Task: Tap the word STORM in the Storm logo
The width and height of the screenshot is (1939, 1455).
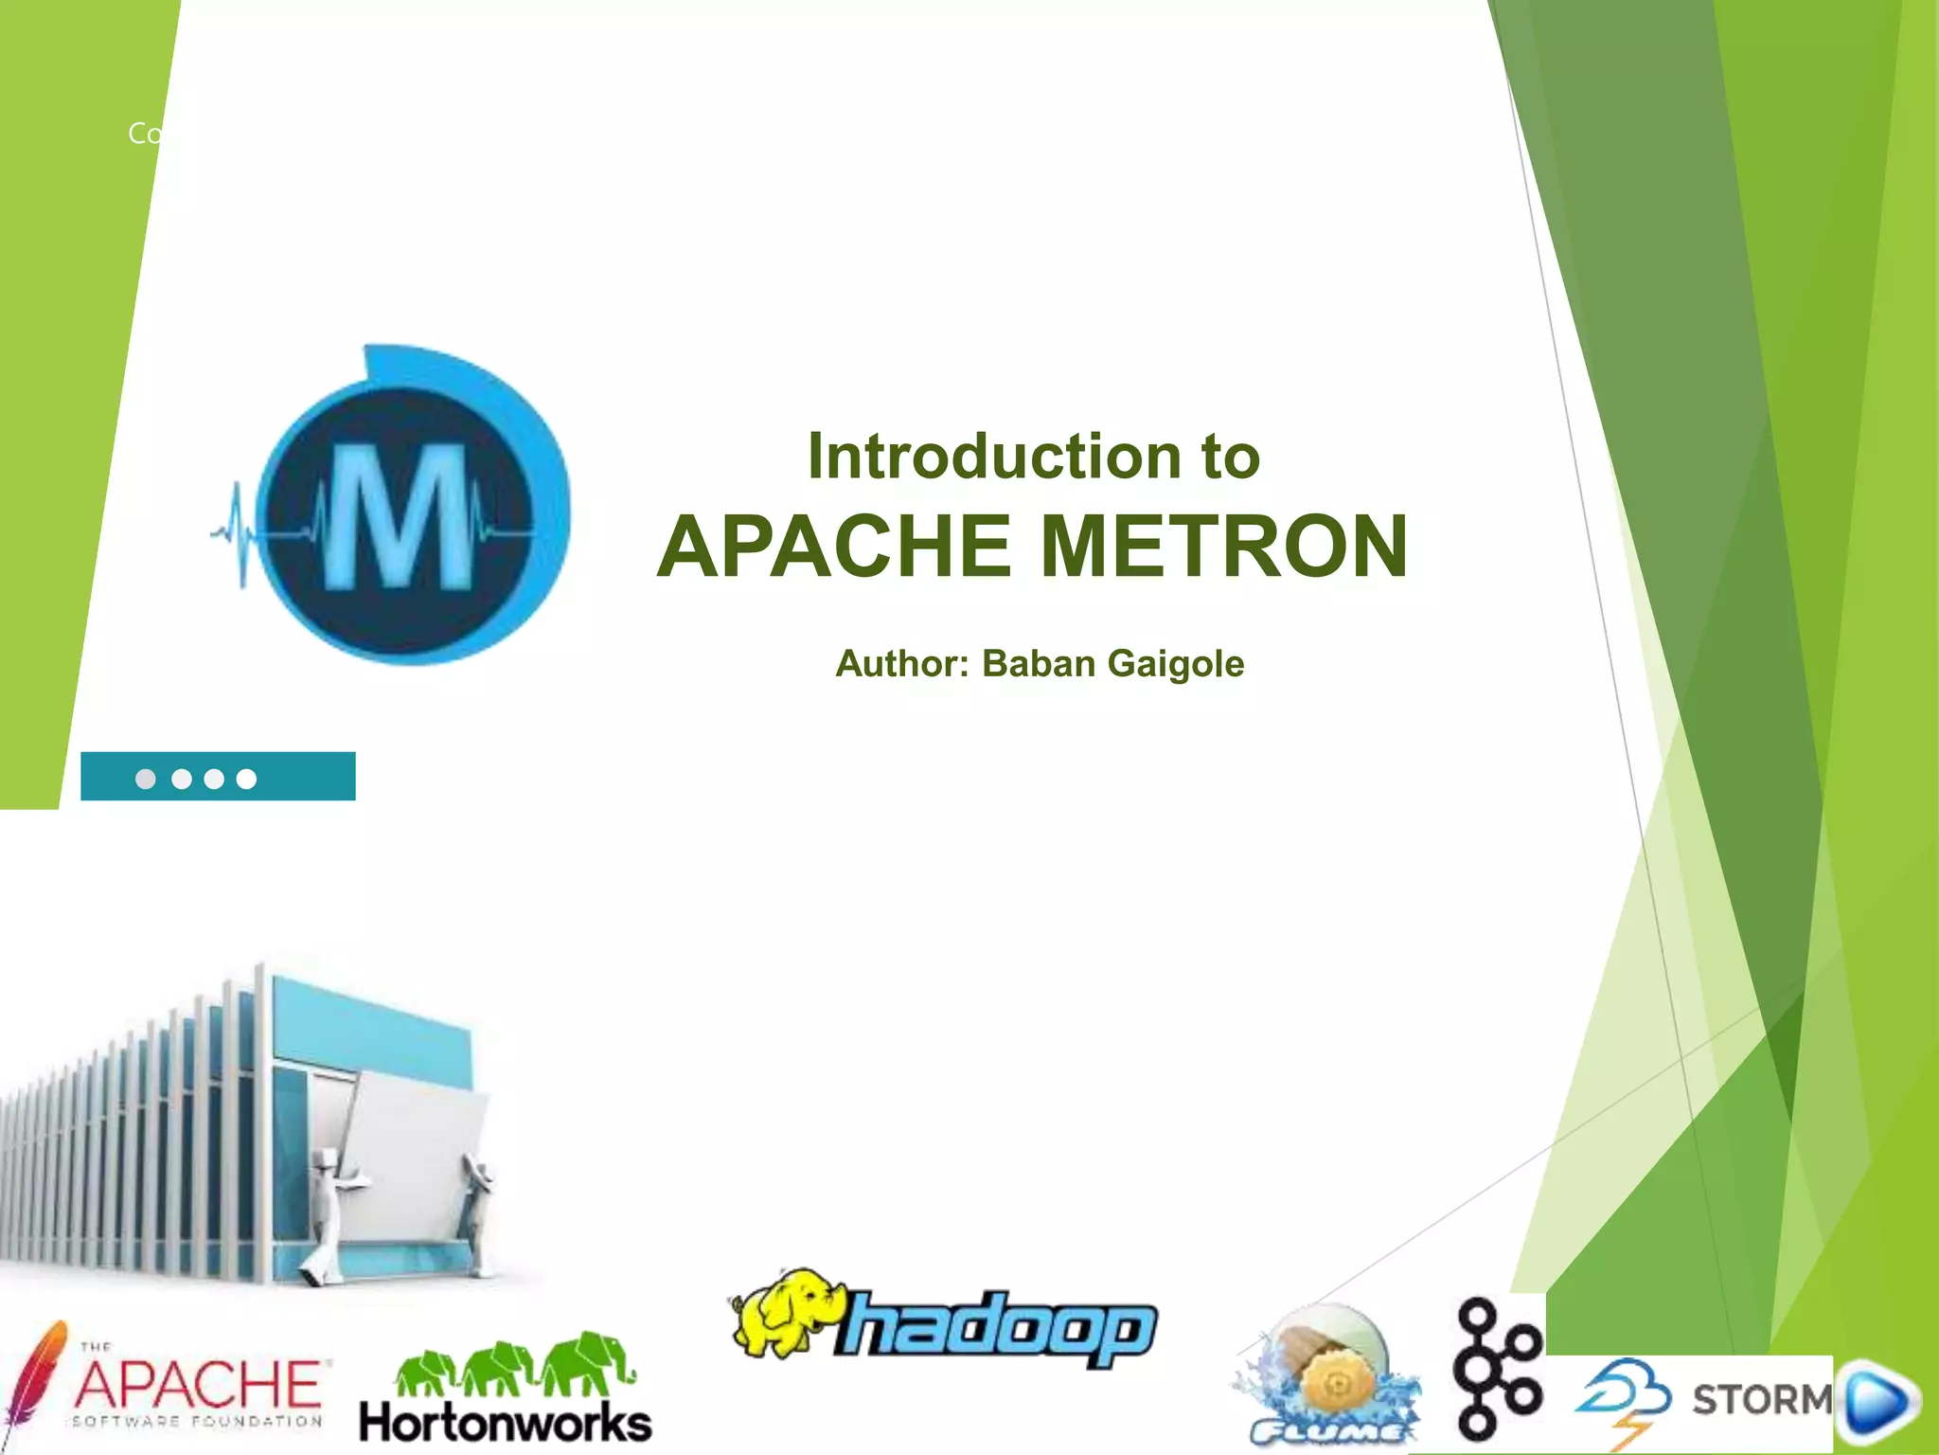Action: coord(1762,1399)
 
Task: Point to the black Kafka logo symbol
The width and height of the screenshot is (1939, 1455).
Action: coord(1498,1368)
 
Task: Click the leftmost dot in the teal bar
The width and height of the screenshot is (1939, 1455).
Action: coord(146,779)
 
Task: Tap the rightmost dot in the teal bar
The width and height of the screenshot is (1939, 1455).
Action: coord(246,779)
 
